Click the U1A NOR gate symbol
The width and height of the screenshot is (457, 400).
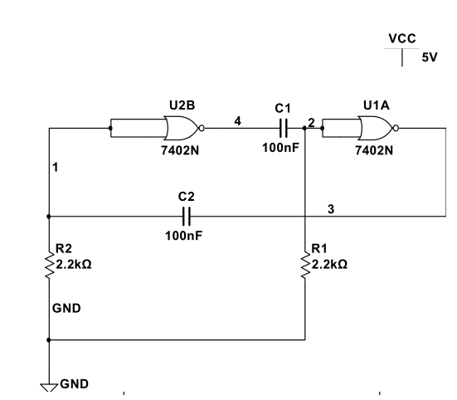377,128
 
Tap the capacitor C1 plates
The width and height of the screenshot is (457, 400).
284,128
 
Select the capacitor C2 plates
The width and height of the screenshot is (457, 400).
187,217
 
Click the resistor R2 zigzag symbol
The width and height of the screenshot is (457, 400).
49,265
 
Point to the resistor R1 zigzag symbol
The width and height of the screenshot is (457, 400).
305,265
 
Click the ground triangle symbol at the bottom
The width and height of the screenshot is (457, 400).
49,388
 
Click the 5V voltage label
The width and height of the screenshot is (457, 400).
430,57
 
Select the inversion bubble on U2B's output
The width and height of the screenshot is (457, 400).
202,128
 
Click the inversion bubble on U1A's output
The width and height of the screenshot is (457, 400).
396,128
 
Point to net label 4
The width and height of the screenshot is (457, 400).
238,121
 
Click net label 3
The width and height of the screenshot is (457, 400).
331,209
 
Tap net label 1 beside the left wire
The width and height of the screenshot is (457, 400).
56,168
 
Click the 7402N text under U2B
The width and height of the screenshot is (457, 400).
180,150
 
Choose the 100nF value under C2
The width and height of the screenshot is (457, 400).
183,236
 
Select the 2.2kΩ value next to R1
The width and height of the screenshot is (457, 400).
329,265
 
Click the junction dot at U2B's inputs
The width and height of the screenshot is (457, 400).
110,128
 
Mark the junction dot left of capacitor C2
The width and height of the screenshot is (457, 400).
49,217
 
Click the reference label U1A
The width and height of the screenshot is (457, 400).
377,105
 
